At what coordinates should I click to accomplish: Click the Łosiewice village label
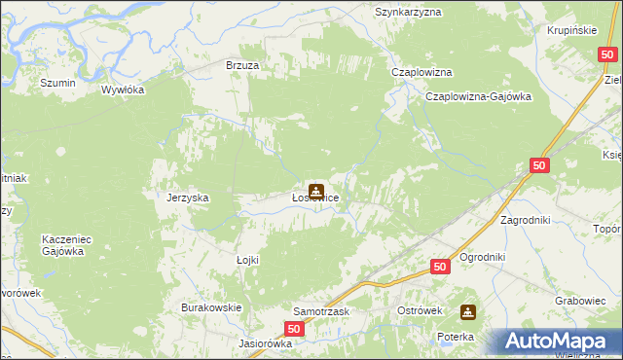(x=315, y=198)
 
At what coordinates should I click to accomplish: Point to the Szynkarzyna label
(x=409, y=12)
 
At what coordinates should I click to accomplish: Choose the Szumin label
(x=58, y=84)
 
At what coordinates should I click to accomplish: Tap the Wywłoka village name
(x=124, y=90)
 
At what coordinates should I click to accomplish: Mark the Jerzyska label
(x=188, y=198)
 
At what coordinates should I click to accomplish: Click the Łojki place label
(x=248, y=260)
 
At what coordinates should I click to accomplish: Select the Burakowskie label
(x=211, y=307)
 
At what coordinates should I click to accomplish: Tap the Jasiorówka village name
(x=266, y=343)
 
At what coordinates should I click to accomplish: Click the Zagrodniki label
(x=526, y=220)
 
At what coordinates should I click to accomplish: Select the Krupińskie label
(x=571, y=30)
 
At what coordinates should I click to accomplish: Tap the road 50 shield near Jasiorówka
(x=296, y=331)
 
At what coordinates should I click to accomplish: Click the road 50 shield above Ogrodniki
(x=440, y=266)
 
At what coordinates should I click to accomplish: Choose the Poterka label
(x=455, y=337)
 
